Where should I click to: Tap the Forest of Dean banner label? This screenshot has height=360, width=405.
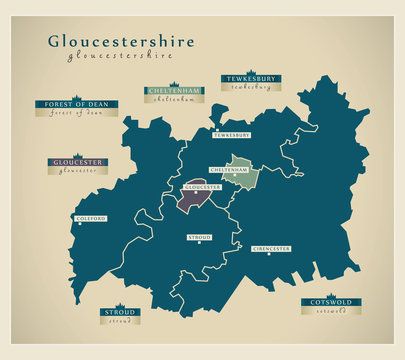coord(76,103)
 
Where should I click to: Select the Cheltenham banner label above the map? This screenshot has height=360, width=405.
coord(173,91)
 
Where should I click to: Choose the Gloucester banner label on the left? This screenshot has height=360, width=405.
coord(78,161)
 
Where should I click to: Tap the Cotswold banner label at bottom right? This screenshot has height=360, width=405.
coord(331,301)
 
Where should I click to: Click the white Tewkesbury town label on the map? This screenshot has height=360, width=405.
coord(232,134)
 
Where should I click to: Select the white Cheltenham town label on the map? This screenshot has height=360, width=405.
coord(229,170)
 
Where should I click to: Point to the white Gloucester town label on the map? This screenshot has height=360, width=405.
coord(201,186)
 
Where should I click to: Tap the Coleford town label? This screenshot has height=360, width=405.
coord(91,218)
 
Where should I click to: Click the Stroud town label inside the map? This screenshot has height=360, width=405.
coord(200,237)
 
